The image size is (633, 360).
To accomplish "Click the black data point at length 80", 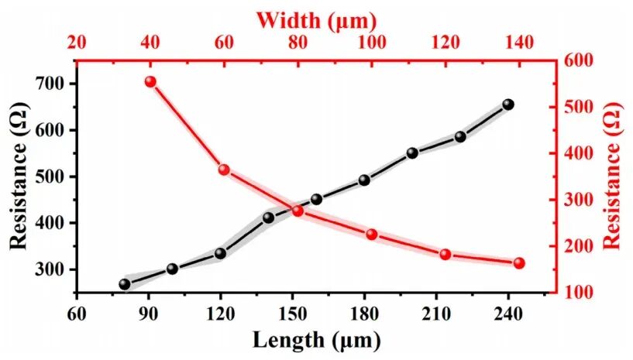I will click(x=124, y=284).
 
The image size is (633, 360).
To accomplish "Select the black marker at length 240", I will click(x=508, y=105).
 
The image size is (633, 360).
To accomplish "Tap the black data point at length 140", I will click(x=269, y=218).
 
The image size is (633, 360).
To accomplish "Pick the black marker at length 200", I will click(x=412, y=153).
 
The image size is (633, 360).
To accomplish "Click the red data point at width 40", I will click(x=150, y=82).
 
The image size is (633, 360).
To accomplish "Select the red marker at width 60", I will click(x=224, y=170).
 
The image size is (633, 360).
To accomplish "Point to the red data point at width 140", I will click(x=519, y=263).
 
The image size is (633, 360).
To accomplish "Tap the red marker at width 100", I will click(x=371, y=235).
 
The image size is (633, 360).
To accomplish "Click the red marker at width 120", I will click(x=446, y=254).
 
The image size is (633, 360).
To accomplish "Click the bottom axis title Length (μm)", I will click(x=315, y=339).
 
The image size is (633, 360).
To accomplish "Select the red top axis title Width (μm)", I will click(x=315, y=17).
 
